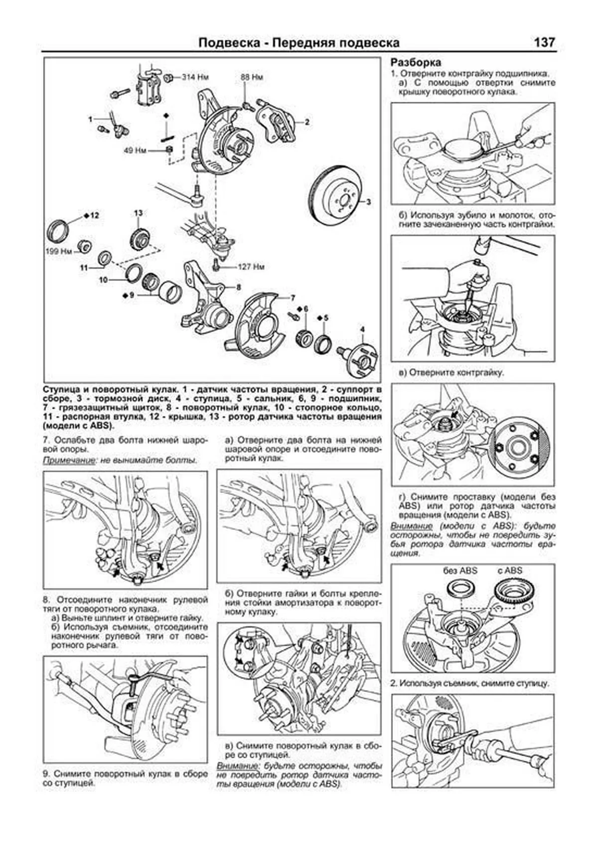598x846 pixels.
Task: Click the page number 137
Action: click(x=544, y=43)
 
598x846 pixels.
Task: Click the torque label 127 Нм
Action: click(x=251, y=267)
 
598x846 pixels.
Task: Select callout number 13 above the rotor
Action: click(x=138, y=213)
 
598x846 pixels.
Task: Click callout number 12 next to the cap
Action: click(x=94, y=215)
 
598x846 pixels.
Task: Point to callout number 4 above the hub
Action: click(x=362, y=329)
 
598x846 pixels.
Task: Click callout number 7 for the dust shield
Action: click(x=293, y=297)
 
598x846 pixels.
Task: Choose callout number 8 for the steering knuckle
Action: click(x=239, y=287)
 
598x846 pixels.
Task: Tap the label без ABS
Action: click(x=459, y=571)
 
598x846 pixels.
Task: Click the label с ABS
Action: click(x=509, y=571)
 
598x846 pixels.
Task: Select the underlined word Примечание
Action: click(x=68, y=460)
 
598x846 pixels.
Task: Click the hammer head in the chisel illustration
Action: click(x=481, y=243)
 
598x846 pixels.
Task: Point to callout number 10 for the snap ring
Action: click(x=103, y=280)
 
